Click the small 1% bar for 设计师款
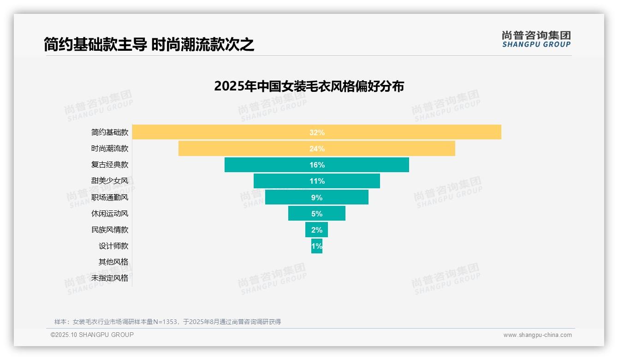pyautogui.click(x=317, y=246)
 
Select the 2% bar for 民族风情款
pyautogui.click(x=316, y=230)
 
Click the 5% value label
pyautogui.click(x=317, y=214)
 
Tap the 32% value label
pyautogui.click(x=317, y=132)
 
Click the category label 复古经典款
pyautogui.click(x=110, y=164)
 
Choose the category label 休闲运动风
pyautogui.click(x=110, y=213)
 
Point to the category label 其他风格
pyautogui.click(x=113, y=262)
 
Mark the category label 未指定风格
pyautogui.click(x=110, y=278)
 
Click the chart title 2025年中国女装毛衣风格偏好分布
pyautogui.click(x=309, y=86)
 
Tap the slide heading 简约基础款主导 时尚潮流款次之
pyautogui.click(x=149, y=44)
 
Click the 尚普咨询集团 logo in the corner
pyautogui.click(x=536, y=39)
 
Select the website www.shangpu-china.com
pyautogui.click(x=537, y=335)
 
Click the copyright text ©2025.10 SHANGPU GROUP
pyautogui.click(x=92, y=335)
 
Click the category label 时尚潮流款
pyautogui.click(x=110, y=148)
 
